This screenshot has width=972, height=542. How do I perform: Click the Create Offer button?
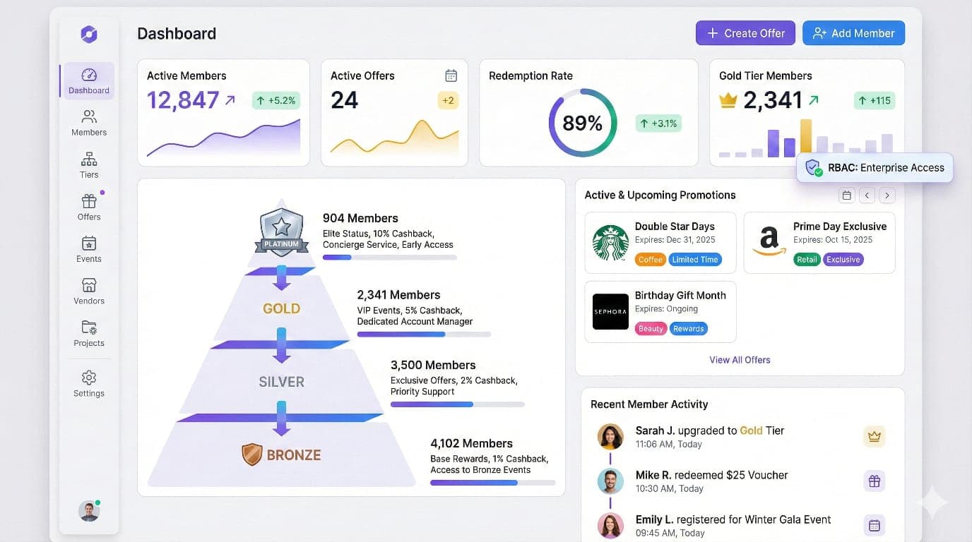click(745, 33)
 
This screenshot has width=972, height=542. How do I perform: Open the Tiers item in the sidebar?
click(89, 164)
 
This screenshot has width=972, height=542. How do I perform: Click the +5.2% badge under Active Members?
click(275, 100)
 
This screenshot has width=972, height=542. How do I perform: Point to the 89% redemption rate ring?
click(582, 123)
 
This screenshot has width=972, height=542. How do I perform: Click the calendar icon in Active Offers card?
click(451, 76)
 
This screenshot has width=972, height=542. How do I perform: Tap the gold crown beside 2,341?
click(728, 101)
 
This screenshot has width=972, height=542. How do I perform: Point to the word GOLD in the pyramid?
click(281, 308)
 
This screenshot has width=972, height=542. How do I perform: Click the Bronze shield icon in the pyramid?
click(252, 454)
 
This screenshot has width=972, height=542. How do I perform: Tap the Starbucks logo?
click(610, 243)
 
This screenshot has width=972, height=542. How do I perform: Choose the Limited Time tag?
click(694, 260)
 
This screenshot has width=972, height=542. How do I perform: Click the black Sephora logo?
click(610, 311)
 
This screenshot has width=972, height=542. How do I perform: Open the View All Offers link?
click(740, 360)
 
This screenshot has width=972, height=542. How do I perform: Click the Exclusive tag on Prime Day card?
click(843, 260)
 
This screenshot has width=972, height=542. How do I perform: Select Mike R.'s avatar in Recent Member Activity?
click(610, 481)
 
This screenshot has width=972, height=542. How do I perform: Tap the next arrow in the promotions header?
click(887, 195)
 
